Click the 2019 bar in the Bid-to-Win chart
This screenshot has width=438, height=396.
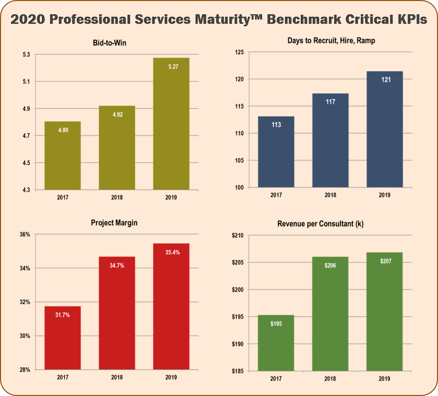171,129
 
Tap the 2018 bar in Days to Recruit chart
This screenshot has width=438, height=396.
330,143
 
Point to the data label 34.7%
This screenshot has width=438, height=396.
117,265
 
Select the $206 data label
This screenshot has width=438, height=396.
330,265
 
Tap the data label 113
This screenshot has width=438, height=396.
276,125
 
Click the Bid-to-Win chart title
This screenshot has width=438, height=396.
112,43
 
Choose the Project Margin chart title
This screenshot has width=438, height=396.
112,223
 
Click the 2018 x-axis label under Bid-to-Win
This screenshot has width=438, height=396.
117,198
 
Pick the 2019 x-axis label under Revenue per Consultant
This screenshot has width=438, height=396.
384,378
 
